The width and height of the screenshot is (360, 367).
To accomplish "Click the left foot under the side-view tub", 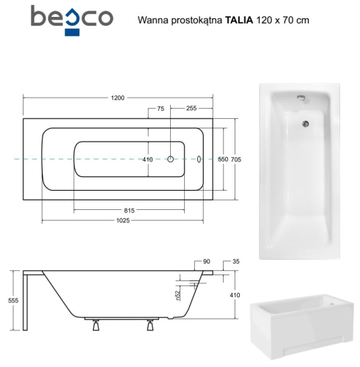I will click(x=95, y=327).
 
